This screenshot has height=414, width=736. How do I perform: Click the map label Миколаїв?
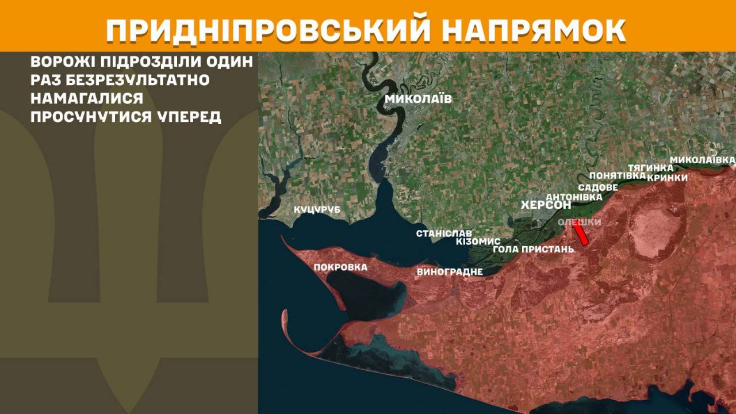click(x=418, y=99)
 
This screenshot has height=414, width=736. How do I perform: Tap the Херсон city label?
click(x=546, y=205)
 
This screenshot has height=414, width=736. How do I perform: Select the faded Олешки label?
click(x=580, y=222)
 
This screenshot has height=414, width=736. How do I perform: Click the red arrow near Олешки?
click(x=581, y=233)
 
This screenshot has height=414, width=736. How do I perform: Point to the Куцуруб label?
click(x=317, y=210)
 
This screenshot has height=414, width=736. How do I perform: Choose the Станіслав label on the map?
click(x=444, y=233)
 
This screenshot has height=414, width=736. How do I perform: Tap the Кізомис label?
click(x=478, y=241)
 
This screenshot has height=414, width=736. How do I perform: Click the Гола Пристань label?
click(x=534, y=250)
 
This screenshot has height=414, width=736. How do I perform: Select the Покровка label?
click(x=340, y=267)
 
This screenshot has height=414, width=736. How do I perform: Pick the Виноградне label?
click(x=450, y=271)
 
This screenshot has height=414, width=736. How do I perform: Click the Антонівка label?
click(x=574, y=197)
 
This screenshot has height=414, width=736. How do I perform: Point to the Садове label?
click(x=598, y=187)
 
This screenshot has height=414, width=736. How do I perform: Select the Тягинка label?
click(x=650, y=168)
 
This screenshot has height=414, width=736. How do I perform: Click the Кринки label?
click(x=667, y=178)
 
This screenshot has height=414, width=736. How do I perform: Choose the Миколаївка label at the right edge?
click(x=703, y=159)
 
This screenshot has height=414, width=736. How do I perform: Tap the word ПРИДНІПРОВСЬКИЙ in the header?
click(x=268, y=31)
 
